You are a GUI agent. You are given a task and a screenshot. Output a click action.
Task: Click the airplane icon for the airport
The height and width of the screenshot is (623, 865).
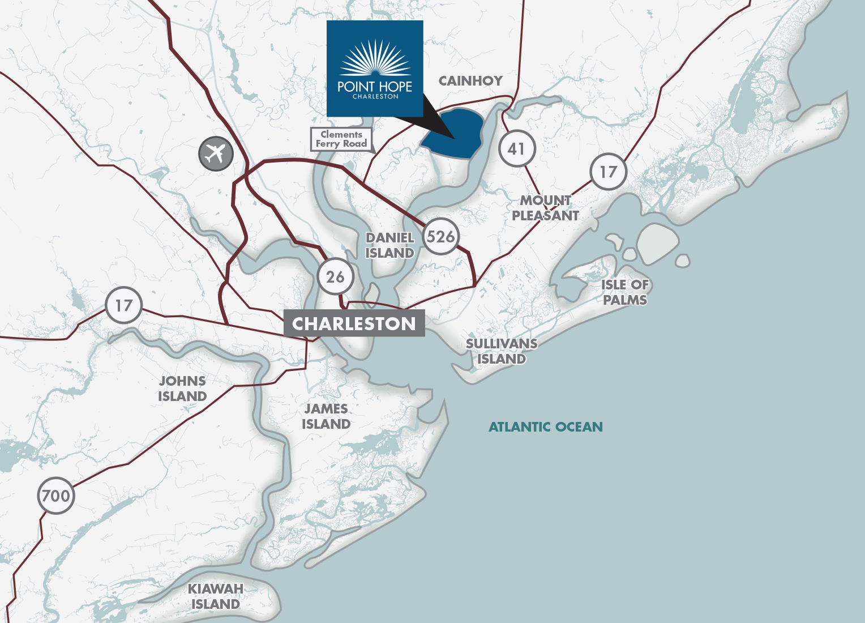tap(216, 153)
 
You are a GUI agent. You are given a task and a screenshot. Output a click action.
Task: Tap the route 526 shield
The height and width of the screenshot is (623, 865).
tap(440, 236)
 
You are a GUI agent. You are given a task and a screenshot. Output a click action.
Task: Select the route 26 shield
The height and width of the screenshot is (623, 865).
tap(335, 276)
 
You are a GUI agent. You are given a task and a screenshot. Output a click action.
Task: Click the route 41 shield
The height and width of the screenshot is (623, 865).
tap(517, 148)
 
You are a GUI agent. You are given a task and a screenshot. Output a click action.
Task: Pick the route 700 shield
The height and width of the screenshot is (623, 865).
tap(56, 496)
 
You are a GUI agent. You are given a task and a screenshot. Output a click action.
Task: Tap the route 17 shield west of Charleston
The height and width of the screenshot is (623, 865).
tap(123, 305)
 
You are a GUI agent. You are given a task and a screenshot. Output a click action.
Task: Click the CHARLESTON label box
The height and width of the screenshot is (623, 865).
tap(354, 323)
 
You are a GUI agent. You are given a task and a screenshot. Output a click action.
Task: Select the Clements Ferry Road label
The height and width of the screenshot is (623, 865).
tap(341, 139)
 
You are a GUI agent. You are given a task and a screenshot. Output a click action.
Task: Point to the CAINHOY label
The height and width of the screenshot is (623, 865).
tap(470, 81)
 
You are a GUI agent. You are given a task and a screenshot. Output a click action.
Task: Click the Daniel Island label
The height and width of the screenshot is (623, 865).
tap(389, 245)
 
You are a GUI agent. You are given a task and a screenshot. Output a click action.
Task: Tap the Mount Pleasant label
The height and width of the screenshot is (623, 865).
tap(545, 208)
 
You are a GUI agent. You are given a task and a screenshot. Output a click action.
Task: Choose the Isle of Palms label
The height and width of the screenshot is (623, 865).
tap(625, 292)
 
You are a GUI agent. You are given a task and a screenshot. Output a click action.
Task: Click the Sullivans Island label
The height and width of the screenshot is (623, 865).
tap(502, 351)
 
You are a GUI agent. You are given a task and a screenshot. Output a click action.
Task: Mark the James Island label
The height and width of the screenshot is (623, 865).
tap(326, 416)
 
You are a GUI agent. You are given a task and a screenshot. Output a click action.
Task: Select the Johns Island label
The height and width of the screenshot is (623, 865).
tap(182, 389)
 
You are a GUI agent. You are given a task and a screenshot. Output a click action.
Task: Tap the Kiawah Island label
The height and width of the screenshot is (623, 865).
tap(216, 596)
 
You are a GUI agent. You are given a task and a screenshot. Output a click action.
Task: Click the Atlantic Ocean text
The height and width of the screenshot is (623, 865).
tap(546, 427)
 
